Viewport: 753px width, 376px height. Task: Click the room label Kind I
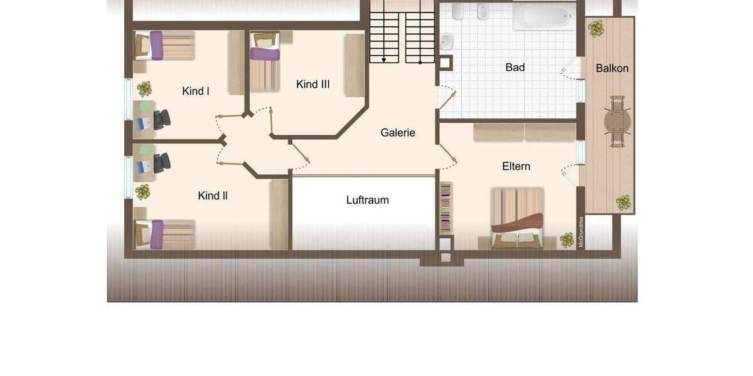click(x=196, y=91)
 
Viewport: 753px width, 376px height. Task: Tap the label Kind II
click(x=213, y=196)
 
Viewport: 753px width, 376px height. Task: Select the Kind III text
click(x=313, y=85)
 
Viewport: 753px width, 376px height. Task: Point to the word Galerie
click(x=398, y=133)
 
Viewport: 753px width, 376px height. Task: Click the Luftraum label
click(x=368, y=201)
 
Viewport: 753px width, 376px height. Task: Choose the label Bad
click(x=515, y=68)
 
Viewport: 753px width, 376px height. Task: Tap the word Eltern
click(x=516, y=167)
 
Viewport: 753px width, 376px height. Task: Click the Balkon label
click(x=612, y=68)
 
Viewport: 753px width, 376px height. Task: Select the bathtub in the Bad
click(x=543, y=16)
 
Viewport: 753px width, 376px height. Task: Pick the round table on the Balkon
click(x=617, y=121)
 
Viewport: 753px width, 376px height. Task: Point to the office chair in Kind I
click(x=161, y=118)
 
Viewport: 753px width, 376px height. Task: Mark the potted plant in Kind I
click(x=144, y=88)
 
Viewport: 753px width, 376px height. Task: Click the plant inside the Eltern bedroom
click(x=567, y=239)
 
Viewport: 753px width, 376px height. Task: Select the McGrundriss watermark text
click(x=581, y=232)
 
